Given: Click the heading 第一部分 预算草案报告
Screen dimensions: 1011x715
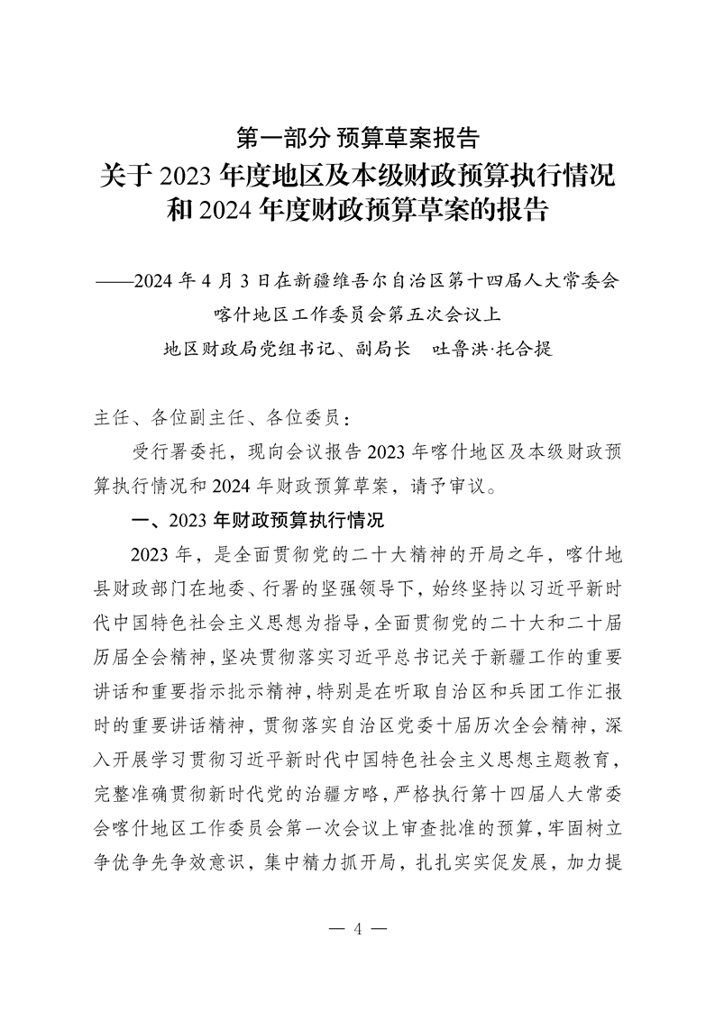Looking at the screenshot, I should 356,138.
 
